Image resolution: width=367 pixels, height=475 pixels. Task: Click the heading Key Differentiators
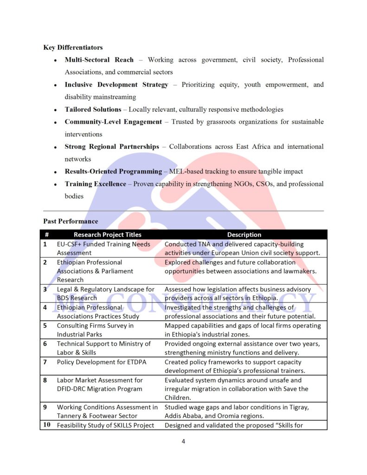click(73, 47)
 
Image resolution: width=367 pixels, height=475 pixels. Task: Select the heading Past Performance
click(71, 221)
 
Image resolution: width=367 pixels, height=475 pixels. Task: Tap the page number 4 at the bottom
click(183, 441)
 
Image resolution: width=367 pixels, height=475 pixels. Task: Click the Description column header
click(244, 235)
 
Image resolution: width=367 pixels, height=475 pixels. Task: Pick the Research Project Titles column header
click(107, 235)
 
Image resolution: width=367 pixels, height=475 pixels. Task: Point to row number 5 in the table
click(45, 326)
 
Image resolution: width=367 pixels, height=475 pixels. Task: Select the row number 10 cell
click(47, 425)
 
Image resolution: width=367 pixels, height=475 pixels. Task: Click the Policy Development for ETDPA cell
click(101, 362)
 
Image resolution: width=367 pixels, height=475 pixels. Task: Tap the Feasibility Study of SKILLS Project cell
click(105, 425)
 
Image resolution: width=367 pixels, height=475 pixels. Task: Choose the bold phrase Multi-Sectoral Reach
click(99, 60)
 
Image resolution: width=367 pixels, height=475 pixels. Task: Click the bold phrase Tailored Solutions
click(93, 109)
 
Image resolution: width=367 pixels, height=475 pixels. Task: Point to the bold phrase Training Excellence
click(95, 184)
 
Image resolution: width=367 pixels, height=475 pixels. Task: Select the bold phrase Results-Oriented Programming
click(113, 171)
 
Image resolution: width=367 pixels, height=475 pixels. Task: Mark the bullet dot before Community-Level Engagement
click(55, 122)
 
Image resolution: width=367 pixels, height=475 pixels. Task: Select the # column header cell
click(47, 235)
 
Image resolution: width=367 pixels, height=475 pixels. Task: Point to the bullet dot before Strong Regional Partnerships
click(55, 147)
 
